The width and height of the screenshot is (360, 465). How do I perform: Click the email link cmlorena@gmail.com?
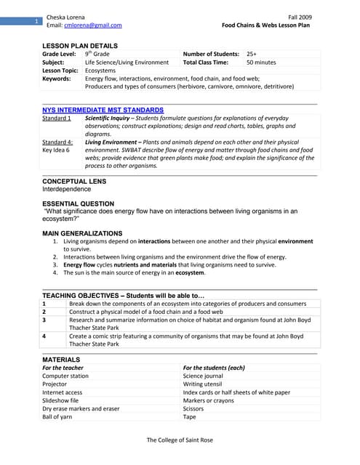pyautogui.click(x=93, y=25)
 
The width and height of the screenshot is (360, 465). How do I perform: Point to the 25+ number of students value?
pyautogui.click(x=252, y=54)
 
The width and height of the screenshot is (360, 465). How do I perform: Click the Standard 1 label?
pyautogui.click(x=57, y=118)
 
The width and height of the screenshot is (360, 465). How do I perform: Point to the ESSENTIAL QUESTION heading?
pyautogui.click(x=78, y=203)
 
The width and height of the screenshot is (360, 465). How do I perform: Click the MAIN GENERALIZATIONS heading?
pyautogui.click(x=82, y=233)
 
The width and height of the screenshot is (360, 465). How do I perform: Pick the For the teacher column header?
pyautogui.click(x=63, y=368)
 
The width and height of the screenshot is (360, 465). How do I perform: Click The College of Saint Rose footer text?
pyautogui.click(x=180, y=440)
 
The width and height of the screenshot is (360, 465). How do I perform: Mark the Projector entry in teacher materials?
pyautogui.click(x=57, y=384)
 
